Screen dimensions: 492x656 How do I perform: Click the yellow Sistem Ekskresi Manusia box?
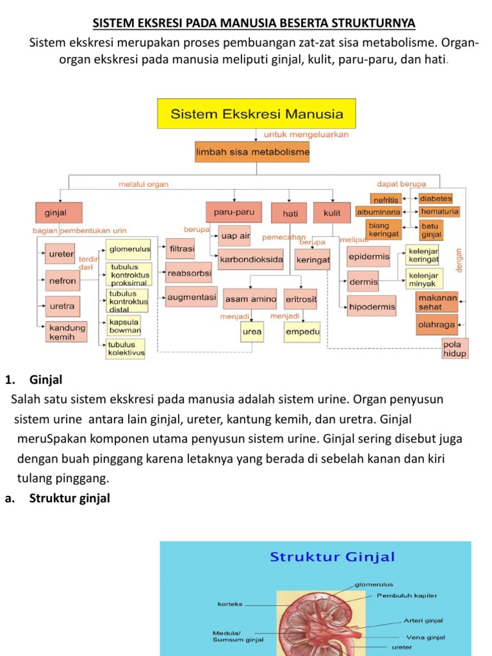(x=256, y=113)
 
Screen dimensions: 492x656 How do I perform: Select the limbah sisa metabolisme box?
(x=252, y=152)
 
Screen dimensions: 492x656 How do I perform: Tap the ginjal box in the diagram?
(x=58, y=213)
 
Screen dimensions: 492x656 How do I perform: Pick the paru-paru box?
(x=234, y=212)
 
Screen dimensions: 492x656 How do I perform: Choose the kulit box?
(x=332, y=213)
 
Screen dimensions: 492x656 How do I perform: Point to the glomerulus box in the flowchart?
(x=129, y=249)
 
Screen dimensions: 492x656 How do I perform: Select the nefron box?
(x=62, y=281)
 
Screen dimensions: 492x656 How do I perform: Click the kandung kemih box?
(x=67, y=332)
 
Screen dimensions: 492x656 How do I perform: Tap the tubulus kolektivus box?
(x=126, y=348)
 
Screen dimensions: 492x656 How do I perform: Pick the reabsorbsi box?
(x=189, y=273)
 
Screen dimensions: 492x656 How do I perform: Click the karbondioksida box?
(x=251, y=259)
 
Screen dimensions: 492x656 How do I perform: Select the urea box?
(x=252, y=332)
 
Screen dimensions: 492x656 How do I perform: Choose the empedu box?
(x=302, y=332)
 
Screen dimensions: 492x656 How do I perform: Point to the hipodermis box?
(x=372, y=307)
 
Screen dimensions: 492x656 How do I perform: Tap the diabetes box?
(x=436, y=199)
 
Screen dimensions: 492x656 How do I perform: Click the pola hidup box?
(x=455, y=349)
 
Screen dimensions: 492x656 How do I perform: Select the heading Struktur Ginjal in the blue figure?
(x=332, y=557)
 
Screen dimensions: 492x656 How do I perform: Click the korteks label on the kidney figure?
(x=230, y=604)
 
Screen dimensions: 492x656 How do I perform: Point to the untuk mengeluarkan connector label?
(x=306, y=135)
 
